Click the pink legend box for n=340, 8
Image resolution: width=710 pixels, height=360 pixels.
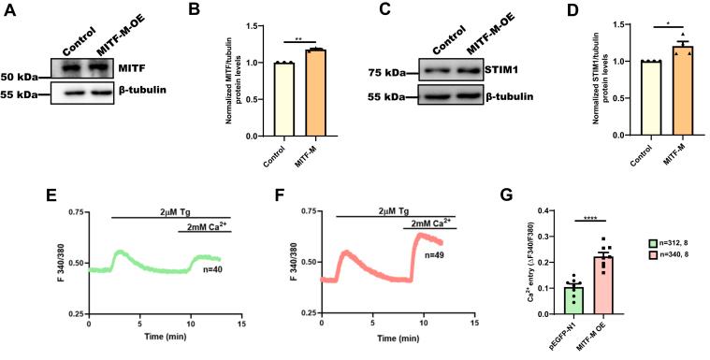click(636, 263)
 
